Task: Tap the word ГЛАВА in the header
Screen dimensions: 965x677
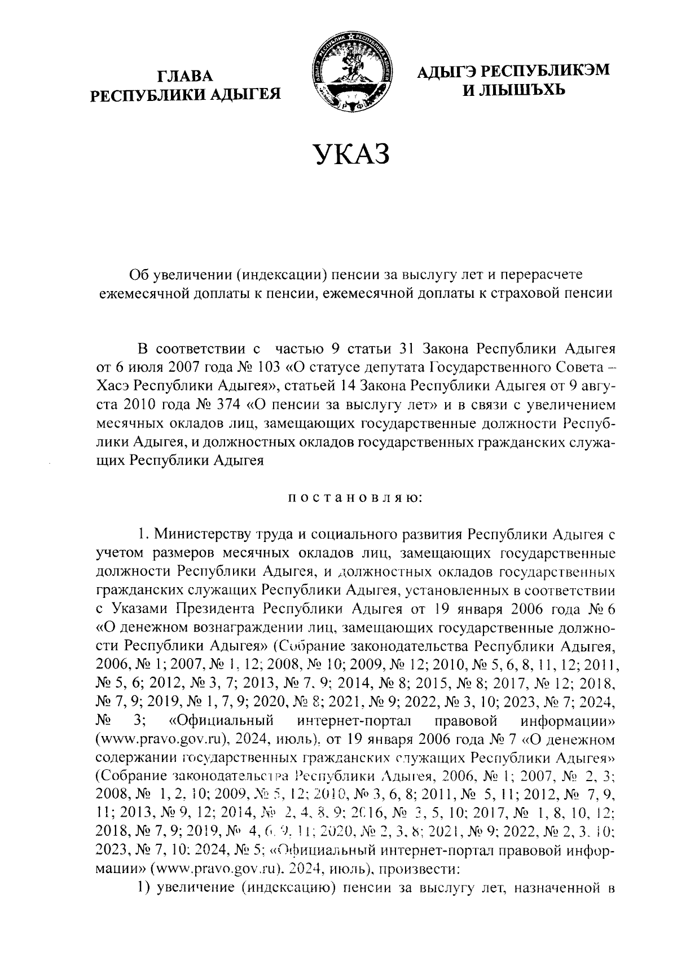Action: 186,76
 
